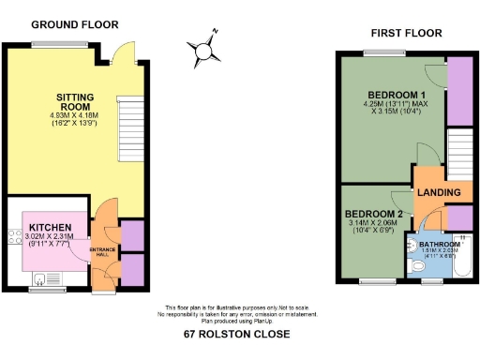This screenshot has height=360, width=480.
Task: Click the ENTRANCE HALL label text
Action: (x=101, y=251)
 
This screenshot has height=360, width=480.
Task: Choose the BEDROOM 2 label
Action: (x=373, y=214)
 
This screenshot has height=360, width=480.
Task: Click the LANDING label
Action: (x=439, y=193)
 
